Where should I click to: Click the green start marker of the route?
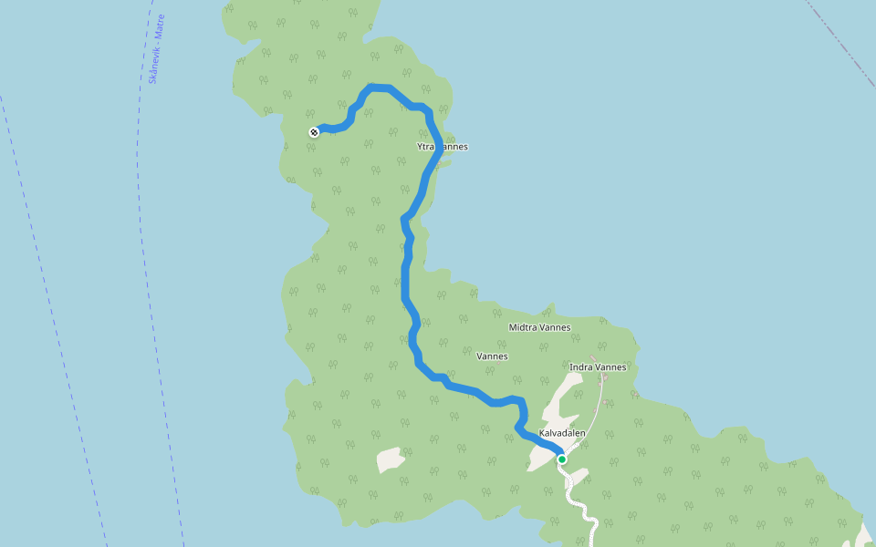pyautogui.click(x=562, y=459)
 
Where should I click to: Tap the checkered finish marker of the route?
pyautogui.click(x=314, y=132)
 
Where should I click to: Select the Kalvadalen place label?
pyautogui.click(x=562, y=434)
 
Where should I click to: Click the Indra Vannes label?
pyautogui.click(x=598, y=367)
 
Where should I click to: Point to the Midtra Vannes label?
pyautogui.click(x=539, y=327)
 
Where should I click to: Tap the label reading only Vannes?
pyautogui.click(x=492, y=356)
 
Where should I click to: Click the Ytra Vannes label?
pyautogui.click(x=442, y=146)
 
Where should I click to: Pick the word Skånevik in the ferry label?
pyautogui.click(x=153, y=69)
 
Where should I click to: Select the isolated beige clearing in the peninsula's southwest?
pyautogui.click(x=391, y=459)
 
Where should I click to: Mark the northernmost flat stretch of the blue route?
pyautogui.click(x=380, y=88)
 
